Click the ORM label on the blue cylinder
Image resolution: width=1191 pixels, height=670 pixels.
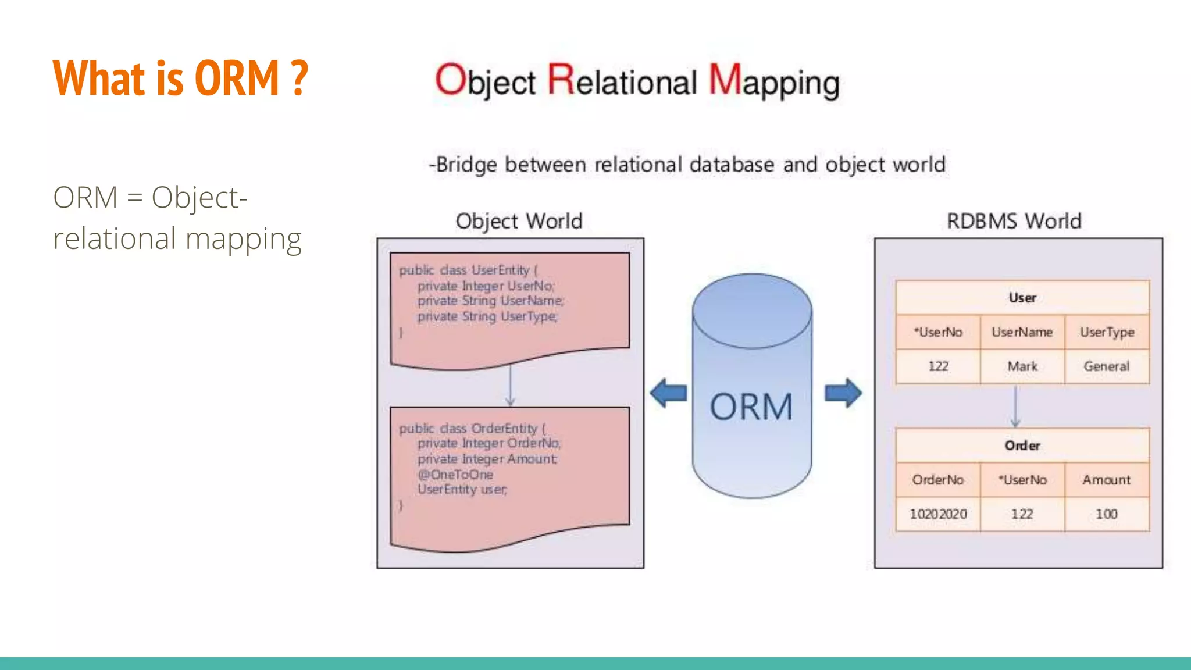751,407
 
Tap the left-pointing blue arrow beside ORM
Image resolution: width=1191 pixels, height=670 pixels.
668,393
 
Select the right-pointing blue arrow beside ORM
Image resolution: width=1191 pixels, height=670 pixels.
843,393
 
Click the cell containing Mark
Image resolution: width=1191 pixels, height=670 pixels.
1022,366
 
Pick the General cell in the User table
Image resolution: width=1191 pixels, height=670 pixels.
1107,366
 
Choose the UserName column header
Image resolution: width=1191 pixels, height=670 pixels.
1022,332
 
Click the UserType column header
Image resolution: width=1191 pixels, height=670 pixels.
1107,332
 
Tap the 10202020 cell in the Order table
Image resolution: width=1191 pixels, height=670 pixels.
938,514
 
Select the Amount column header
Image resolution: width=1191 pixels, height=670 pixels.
1107,480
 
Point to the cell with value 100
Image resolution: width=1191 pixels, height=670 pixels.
1107,514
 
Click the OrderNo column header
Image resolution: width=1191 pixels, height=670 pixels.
938,480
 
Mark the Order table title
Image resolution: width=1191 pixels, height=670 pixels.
1022,446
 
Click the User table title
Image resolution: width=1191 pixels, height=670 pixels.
1022,298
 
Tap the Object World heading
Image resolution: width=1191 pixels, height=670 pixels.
519,222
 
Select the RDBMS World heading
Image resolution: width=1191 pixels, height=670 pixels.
1014,222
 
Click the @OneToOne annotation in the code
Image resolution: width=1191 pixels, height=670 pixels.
455,475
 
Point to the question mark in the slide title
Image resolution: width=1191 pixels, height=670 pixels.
299,78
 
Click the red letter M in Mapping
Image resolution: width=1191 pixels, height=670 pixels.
725,79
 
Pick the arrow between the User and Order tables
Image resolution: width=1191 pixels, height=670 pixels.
1015,407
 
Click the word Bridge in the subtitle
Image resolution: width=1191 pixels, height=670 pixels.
466,165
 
